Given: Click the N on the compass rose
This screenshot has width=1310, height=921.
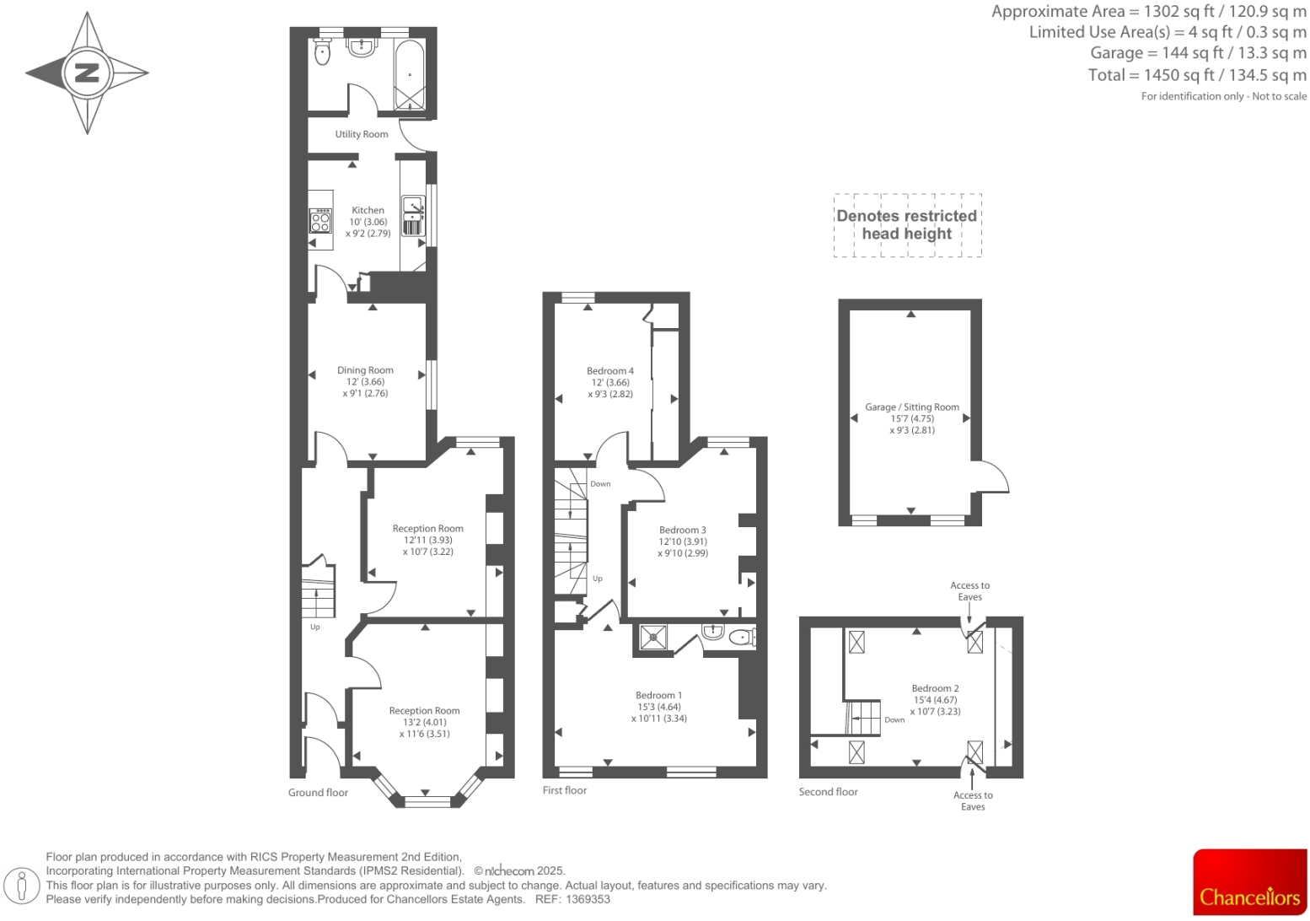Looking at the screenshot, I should (x=87, y=73).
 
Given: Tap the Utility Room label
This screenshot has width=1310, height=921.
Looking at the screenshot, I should (x=362, y=134).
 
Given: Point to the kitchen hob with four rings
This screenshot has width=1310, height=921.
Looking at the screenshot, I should (x=321, y=222).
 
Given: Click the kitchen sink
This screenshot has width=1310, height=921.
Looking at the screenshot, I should (x=412, y=205).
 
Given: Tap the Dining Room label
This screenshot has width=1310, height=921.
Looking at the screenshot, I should (x=365, y=370).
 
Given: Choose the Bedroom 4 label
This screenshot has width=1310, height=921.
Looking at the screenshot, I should (x=610, y=371).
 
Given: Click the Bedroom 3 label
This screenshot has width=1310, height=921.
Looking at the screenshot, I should (x=683, y=531).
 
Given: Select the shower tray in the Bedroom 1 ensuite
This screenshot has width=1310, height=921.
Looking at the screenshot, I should (x=653, y=638).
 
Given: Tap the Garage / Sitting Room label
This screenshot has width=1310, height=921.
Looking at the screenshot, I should (x=912, y=407).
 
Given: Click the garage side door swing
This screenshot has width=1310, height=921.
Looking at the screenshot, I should (x=992, y=478).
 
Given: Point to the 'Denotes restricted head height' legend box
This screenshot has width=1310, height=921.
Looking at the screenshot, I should (x=907, y=225).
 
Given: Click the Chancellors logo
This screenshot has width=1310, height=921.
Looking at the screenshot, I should (x=1249, y=882).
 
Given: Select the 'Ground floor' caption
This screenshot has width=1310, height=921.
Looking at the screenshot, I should (x=318, y=793).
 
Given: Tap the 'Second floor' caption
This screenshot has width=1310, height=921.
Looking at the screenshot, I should (x=828, y=792).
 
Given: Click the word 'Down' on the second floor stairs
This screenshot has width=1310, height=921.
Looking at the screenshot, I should (x=894, y=720).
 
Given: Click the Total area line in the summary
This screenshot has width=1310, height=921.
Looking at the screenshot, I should (x=1196, y=75).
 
